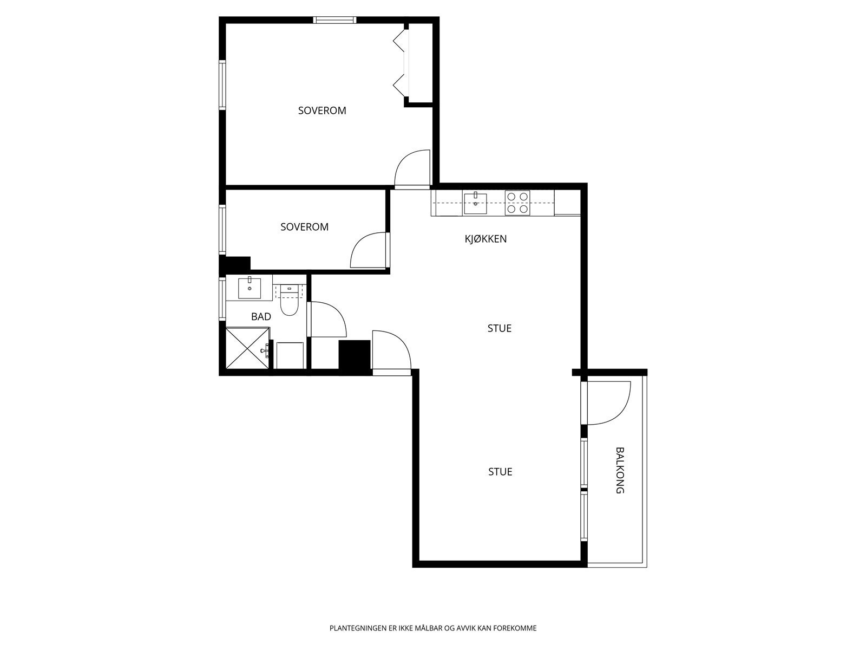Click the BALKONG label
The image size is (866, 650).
point(620,470)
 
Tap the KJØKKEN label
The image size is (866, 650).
point(486,239)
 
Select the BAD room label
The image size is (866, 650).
point(261,316)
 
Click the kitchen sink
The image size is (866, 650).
point(475,203)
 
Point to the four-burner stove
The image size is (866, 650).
point(517,203)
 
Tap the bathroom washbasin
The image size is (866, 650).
point(250,288)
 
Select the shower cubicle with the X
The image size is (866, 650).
point(247,348)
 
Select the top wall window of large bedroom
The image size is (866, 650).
point(334,19)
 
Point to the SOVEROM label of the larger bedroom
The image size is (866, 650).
point(322,110)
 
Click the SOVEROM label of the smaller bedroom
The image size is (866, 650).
point(304,227)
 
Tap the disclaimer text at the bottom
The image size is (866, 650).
point(433,628)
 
